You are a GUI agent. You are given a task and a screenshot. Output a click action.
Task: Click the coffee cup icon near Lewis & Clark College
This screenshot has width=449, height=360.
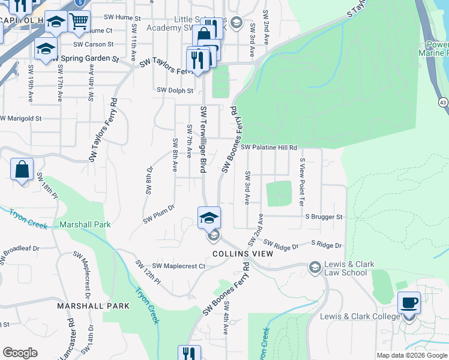click(409, 303)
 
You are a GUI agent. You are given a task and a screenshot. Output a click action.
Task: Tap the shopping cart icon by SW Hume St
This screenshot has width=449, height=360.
click(79, 22)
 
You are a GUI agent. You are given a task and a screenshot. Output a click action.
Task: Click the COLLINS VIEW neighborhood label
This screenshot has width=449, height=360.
click(243, 254)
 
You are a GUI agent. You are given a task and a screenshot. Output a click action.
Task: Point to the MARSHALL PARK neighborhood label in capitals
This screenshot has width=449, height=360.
click(93, 305)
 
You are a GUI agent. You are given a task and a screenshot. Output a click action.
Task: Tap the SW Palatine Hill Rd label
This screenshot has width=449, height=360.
click(269, 147)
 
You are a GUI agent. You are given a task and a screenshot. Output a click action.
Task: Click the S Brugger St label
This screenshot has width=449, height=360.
click(324, 217)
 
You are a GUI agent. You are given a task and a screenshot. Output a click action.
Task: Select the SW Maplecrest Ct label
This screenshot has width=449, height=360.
click(178, 266)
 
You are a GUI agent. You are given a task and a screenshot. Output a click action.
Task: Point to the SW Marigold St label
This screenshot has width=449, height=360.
click(21, 119)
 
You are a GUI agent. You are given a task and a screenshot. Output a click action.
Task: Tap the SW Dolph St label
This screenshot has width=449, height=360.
click(175, 91)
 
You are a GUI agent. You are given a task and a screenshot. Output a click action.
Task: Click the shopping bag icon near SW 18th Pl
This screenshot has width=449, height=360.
click(22, 170)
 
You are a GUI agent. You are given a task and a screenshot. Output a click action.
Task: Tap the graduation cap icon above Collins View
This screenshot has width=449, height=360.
click(209, 217)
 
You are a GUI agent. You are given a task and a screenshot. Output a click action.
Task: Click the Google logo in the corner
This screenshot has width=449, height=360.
click(20, 352)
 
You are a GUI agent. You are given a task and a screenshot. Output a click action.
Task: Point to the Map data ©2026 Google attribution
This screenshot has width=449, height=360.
click(411, 355)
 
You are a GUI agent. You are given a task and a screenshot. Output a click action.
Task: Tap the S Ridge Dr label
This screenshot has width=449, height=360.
click(326, 245)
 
